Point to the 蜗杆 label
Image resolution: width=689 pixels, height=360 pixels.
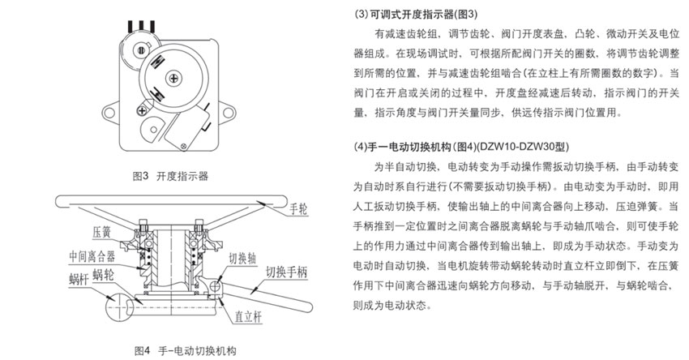tap(79, 278)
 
